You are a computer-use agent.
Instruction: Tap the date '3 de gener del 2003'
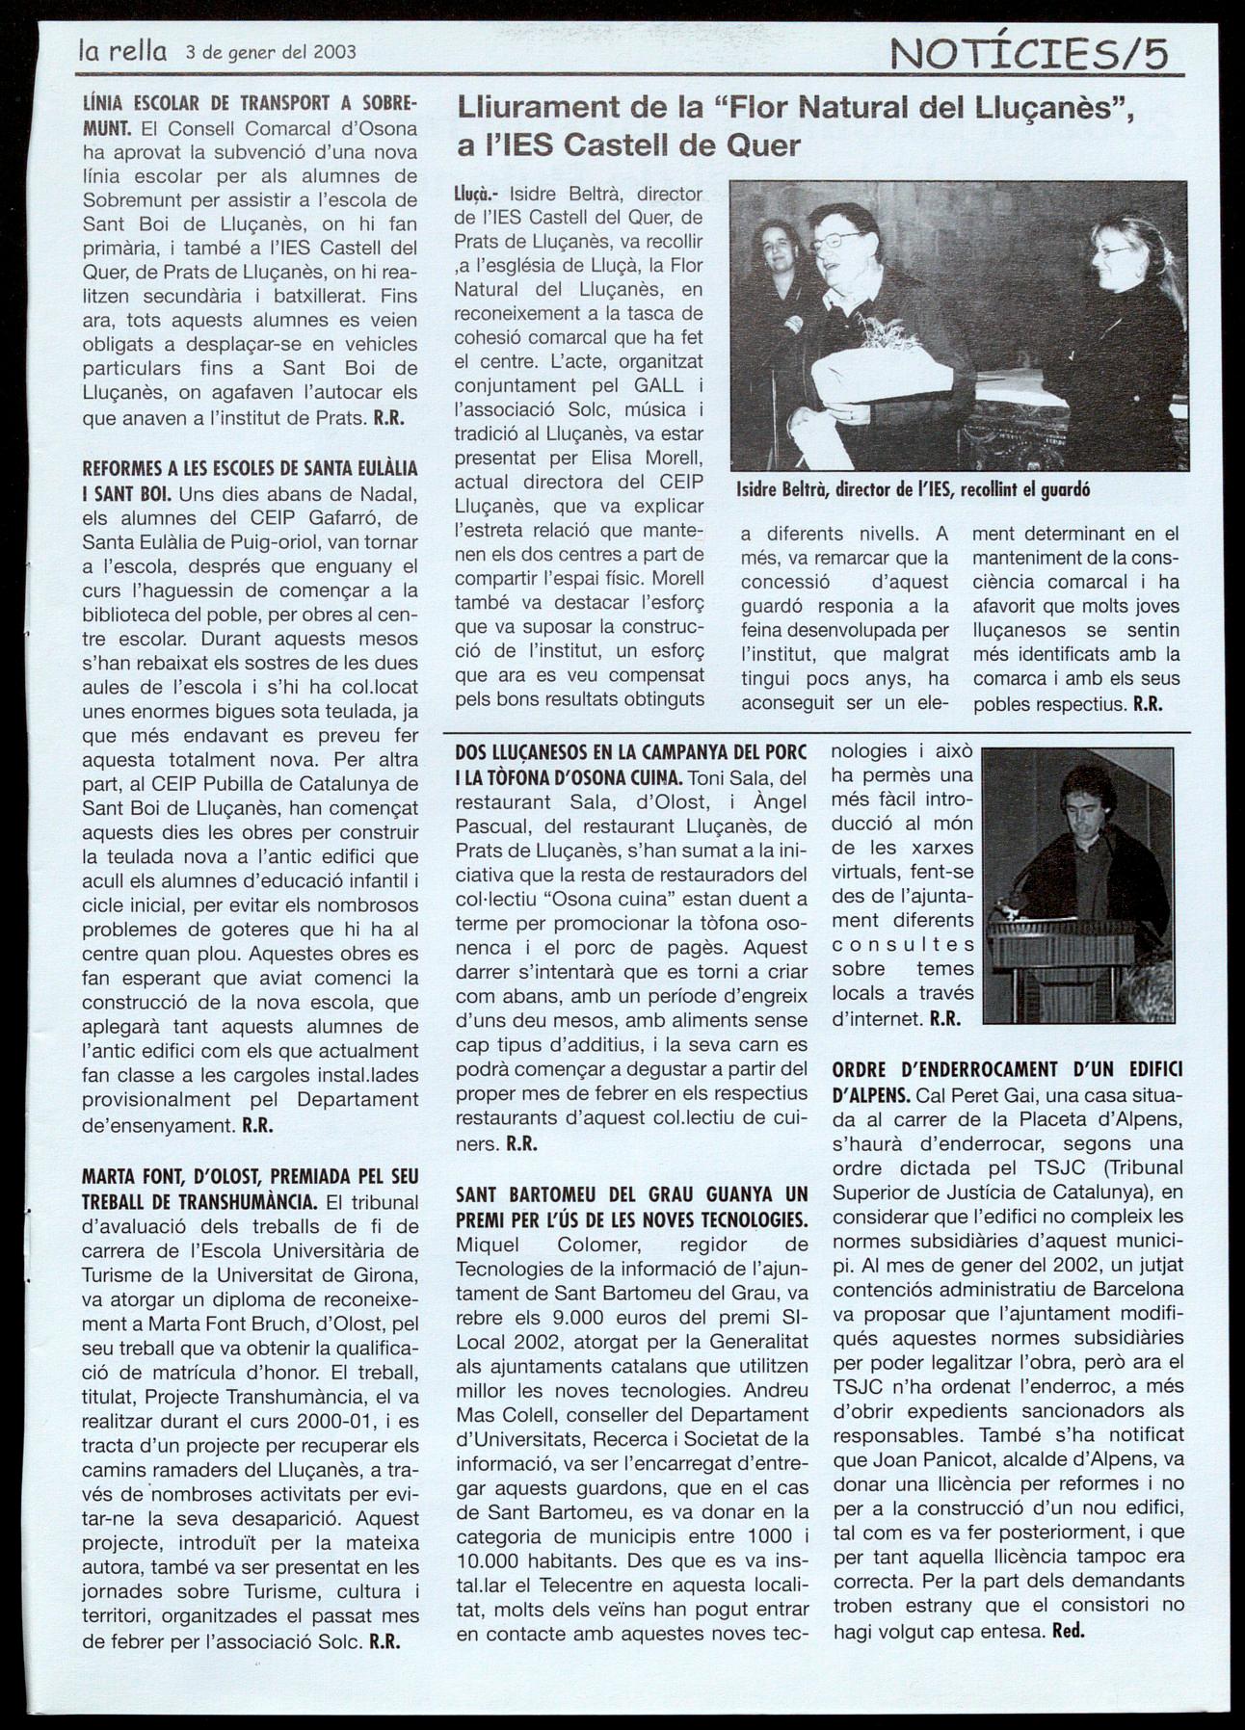pyautogui.click(x=271, y=52)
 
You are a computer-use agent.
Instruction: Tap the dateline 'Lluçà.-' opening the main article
pyautogui.click(x=477, y=196)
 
